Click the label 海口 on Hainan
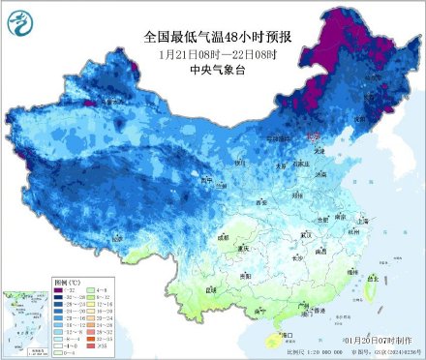[259, 335]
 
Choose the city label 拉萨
[115, 236]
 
